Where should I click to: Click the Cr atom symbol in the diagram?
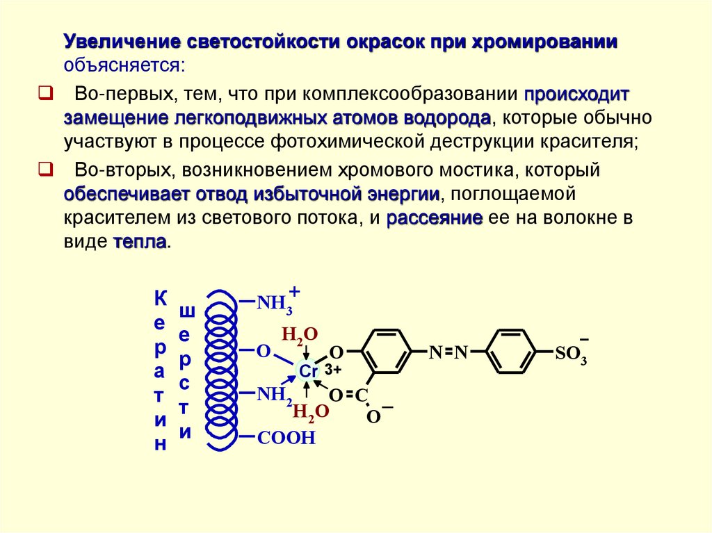click(x=308, y=372)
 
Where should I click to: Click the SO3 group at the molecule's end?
click(x=571, y=354)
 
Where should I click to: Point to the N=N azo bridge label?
click(x=448, y=353)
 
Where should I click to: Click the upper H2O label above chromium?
click(x=299, y=335)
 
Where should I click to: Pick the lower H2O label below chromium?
click(x=310, y=412)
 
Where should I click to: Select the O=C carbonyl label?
click(x=348, y=395)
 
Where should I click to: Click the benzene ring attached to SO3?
click(x=512, y=352)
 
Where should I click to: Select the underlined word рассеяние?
click(x=435, y=218)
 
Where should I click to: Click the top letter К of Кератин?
click(x=160, y=300)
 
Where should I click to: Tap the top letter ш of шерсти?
click(x=186, y=311)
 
